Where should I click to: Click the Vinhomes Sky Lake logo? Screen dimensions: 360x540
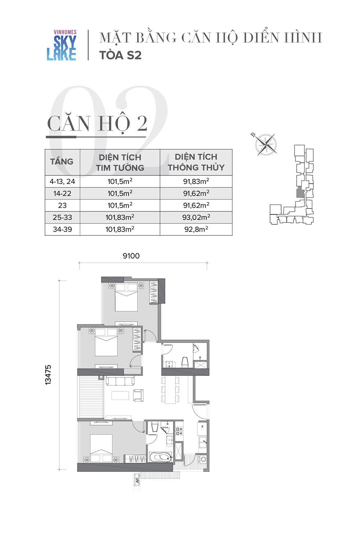[x=62, y=45]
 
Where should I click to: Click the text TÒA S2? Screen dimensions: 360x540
[x=120, y=55]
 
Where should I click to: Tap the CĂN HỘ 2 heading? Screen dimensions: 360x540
[x=97, y=123]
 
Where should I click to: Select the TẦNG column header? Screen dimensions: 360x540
[x=62, y=161]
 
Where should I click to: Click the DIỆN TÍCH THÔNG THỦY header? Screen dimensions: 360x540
[x=196, y=162]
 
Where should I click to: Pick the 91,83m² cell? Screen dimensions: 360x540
[x=196, y=181]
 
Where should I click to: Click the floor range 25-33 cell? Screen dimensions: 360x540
[x=62, y=217]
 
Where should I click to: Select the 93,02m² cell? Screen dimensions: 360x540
[x=196, y=217]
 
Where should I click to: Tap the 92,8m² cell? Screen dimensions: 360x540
[x=196, y=229]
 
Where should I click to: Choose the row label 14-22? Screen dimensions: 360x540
[x=62, y=193]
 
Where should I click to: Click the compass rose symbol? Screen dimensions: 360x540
[x=266, y=144]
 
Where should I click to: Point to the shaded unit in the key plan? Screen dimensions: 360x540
[x=300, y=192]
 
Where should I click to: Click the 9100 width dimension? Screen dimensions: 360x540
[x=131, y=256]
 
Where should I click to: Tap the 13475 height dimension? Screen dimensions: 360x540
[x=48, y=375]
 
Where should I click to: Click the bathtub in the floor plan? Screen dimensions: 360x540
[x=160, y=457]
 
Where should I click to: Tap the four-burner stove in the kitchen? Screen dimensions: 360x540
[x=179, y=431]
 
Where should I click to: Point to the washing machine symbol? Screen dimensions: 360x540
[x=203, y=459]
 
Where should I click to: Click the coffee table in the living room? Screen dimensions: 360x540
[x=120, y=396]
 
